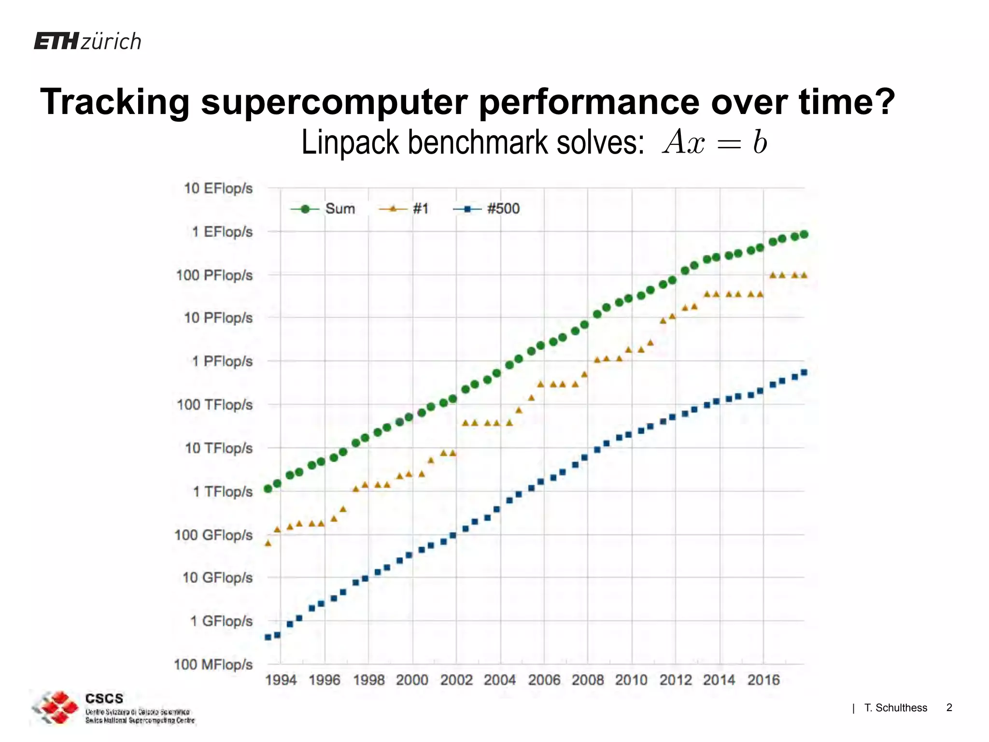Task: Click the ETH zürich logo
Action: pos(88,42)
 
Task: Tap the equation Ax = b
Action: pos(715,143)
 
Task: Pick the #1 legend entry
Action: pos(405,209)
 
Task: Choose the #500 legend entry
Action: pos(487,209)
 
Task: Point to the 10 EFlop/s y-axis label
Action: pos(218,188)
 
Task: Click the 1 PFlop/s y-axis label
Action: pos(222,361)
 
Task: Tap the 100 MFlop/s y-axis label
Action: pos(213,665)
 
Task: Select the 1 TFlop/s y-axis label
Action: pos(223,492)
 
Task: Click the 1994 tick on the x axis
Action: pos(281,680)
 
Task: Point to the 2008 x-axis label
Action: pos(588,680)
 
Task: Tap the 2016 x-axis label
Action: pos(763,680)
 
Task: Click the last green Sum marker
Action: pos(804,234)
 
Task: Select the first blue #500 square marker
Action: pos(268,637)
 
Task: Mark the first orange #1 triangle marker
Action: pos(268,543)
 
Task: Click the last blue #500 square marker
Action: pos(804,372)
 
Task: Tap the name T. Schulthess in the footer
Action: pos(895,708)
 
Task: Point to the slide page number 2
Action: pos(949,708)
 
